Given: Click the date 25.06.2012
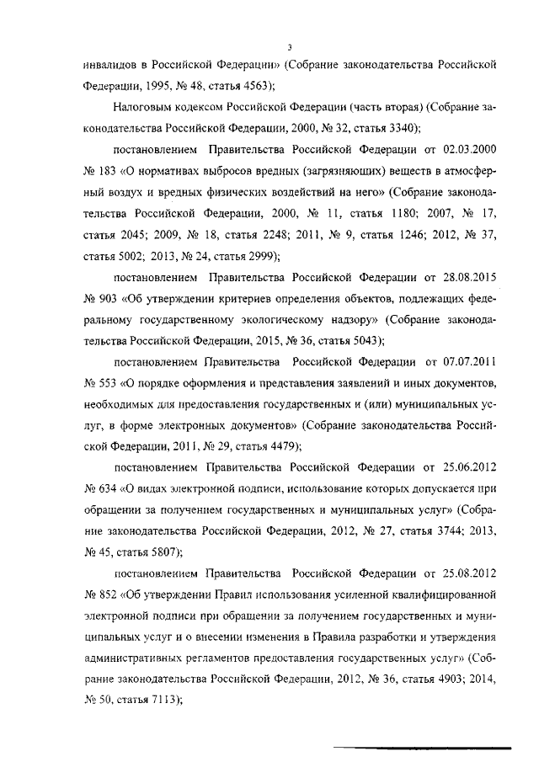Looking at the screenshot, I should click(466, 467).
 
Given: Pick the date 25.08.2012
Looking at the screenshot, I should click(466, 573).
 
